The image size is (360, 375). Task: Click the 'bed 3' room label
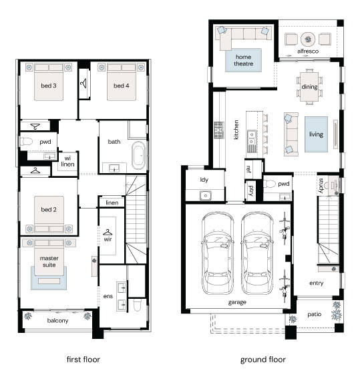49,86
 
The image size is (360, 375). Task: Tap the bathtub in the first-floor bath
138,156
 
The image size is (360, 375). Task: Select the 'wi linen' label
67,161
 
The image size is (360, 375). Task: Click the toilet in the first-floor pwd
26,142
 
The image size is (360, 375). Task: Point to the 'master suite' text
49,261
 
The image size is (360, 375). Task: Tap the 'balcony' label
58,320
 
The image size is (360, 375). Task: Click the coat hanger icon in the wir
108,232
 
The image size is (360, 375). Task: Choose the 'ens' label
108,296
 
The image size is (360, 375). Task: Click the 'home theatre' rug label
243,60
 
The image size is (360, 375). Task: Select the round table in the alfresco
308,39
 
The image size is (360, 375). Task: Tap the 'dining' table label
310,87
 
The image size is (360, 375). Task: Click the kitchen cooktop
219,130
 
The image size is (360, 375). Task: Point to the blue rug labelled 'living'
316,134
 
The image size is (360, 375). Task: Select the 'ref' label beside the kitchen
248,169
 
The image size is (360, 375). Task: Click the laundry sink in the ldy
205,196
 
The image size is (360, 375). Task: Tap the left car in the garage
217,254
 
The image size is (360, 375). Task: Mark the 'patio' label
314,314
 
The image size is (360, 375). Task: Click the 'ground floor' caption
263,360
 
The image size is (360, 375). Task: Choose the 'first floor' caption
83,359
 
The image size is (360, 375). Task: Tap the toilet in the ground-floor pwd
269,184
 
